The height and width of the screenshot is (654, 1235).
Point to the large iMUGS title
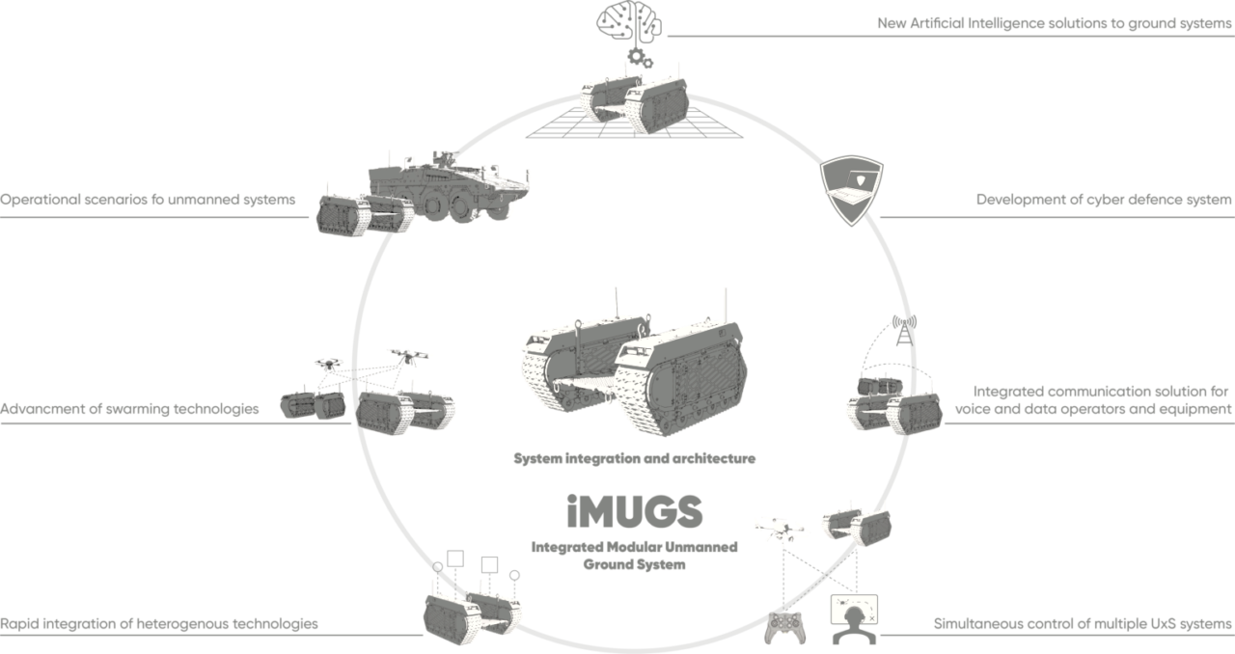(634, 512)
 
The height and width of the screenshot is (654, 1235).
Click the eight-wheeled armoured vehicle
(449, 185)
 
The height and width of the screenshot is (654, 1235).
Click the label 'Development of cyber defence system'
(1104, 201)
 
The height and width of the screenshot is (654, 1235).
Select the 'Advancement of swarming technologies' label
(129, 409)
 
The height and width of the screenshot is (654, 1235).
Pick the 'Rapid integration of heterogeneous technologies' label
(159, 623)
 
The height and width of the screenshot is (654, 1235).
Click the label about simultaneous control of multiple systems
(1084, 623)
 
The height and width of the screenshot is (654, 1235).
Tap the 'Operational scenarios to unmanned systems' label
(147, 201)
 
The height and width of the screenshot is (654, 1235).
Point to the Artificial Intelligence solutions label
(1055, 22)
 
